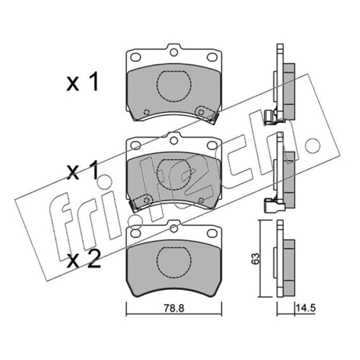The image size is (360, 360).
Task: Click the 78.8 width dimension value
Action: [174, 308]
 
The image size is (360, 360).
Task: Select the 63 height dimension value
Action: [255, 258]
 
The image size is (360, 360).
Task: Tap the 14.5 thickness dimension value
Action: [306, 308]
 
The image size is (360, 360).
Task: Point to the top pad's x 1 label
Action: [82, 81]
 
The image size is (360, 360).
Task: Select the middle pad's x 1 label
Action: [82, 171]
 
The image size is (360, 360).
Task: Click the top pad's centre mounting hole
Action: [174, 53]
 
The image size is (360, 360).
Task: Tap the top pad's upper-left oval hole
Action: [136, 57]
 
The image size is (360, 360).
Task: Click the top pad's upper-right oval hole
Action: [212, 57]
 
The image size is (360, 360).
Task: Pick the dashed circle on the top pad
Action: [174, 86]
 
